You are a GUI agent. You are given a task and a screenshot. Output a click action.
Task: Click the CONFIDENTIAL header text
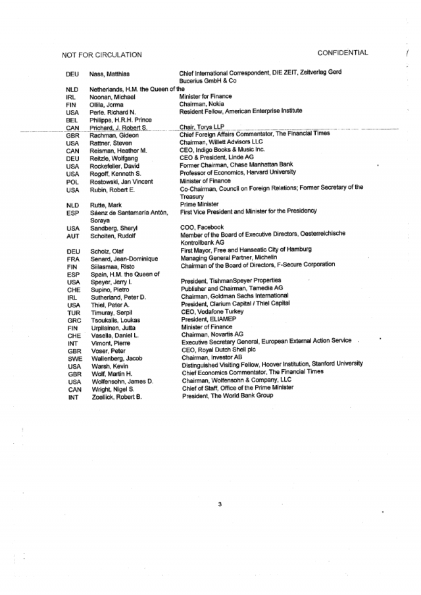(342, 53)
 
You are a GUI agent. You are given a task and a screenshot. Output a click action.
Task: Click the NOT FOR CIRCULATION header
(101, 55)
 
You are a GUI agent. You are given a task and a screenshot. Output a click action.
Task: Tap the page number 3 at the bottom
(220, 505)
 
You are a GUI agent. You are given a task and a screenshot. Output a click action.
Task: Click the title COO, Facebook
(202, 227)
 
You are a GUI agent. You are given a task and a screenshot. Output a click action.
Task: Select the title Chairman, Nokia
(203, 104)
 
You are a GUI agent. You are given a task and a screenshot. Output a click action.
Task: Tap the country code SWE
(74, 359)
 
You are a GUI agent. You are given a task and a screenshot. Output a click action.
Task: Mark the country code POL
(73, 182)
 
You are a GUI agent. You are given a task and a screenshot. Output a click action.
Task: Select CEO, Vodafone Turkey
(212, 311)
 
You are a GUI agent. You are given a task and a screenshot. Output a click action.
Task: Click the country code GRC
(74, 320)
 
